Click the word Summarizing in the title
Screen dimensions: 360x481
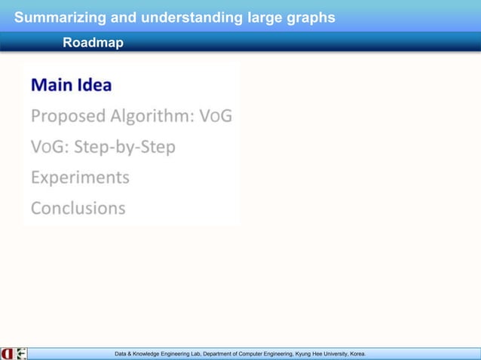57,17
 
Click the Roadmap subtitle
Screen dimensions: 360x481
93,44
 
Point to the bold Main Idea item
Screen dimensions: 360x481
71,84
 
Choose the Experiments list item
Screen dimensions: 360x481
80,178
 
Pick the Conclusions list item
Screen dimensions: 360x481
78,208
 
